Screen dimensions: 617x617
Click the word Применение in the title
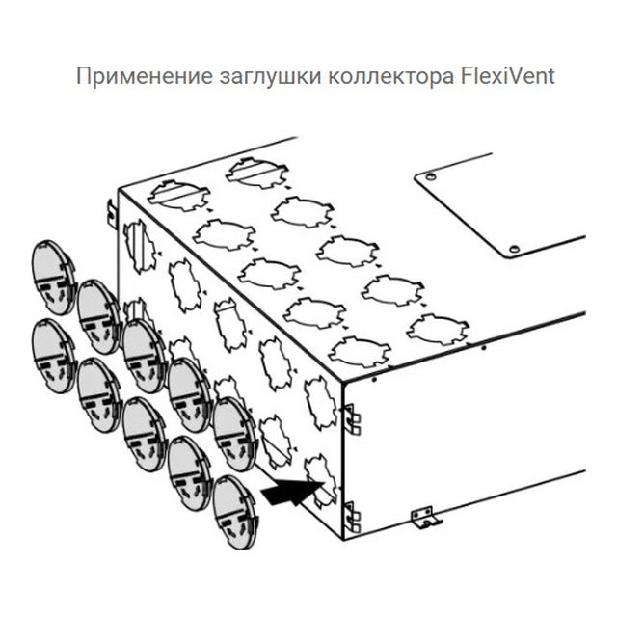144,76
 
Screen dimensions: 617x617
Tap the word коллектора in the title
390,77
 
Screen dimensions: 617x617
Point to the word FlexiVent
508,75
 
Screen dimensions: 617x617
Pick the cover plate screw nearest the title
431,176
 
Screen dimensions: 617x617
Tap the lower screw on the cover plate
514,249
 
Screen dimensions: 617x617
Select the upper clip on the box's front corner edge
353,419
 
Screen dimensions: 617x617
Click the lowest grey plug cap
235,512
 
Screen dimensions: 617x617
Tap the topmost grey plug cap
54,278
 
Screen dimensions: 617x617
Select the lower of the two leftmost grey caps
54,356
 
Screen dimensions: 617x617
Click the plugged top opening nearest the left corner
179,196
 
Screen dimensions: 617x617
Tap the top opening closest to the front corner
360,352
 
